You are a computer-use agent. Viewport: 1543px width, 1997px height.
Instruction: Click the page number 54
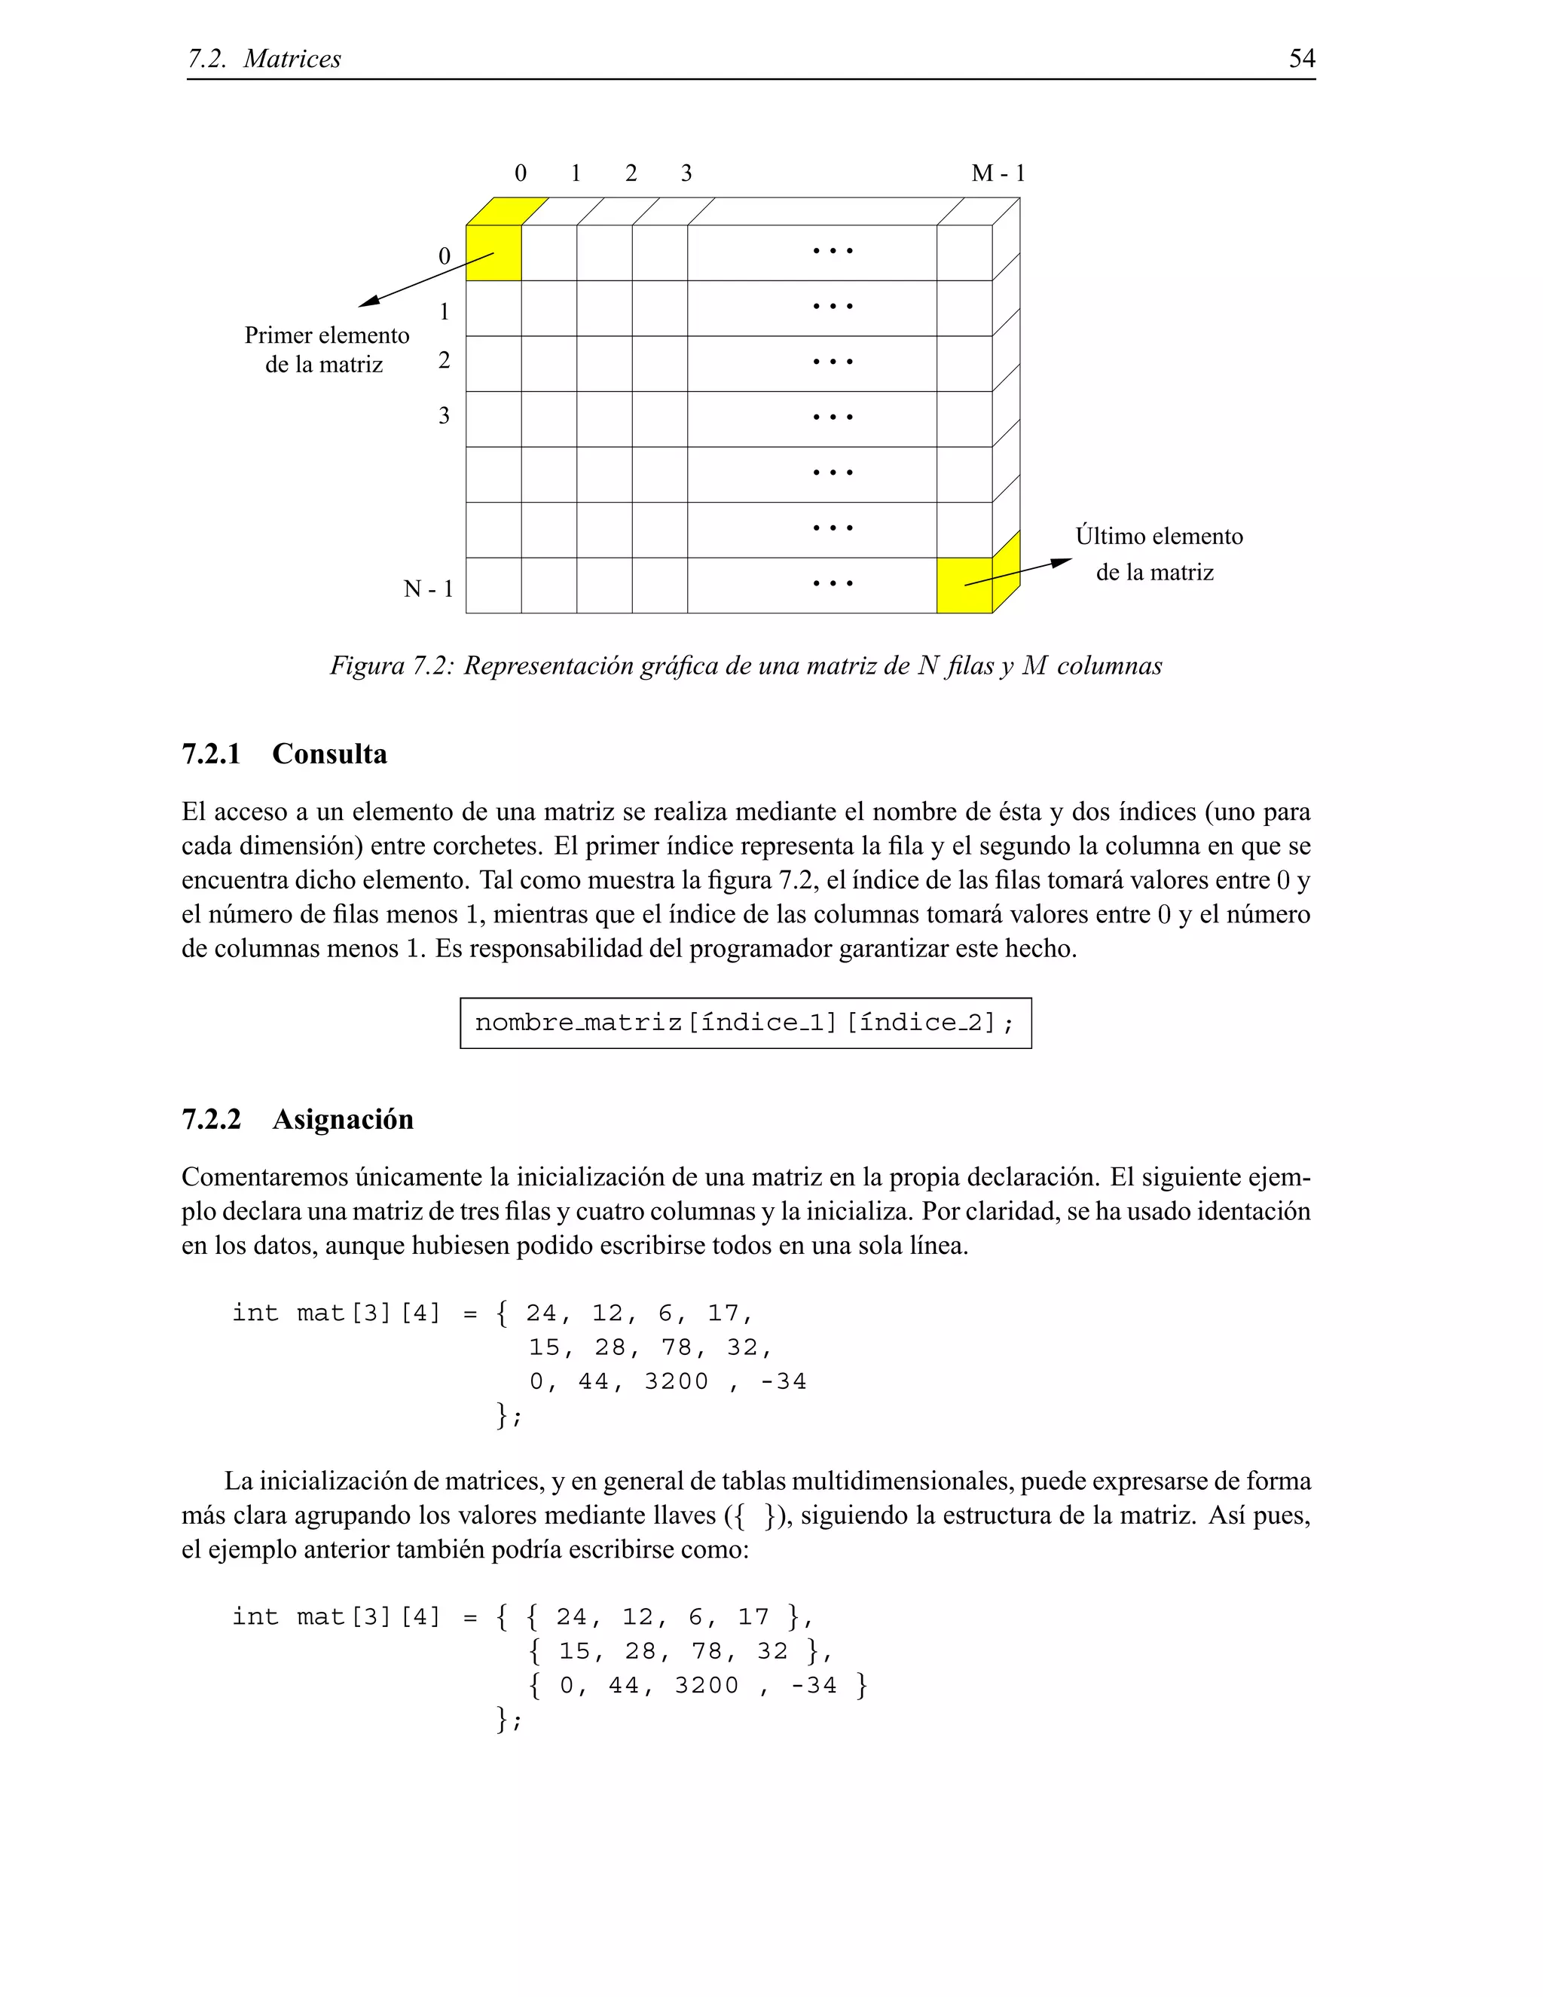[x=1302, y=59]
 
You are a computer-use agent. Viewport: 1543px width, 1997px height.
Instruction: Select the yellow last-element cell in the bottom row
[x=964, y=586]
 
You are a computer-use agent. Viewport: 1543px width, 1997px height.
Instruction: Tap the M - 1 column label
[x=998, y=173]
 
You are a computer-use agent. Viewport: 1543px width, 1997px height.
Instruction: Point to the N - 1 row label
[x=429, y=589]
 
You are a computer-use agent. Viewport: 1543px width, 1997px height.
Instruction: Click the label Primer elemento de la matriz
[x=326, y=350]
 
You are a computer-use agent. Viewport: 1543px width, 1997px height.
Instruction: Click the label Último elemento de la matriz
[x=1158, y=554]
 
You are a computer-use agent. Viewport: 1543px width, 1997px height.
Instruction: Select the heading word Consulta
[x=329, y=754]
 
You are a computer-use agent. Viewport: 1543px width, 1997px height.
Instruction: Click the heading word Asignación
[x=343, y=1119]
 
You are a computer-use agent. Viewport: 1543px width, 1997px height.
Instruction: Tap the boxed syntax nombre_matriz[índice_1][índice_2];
[x=745, y=1023]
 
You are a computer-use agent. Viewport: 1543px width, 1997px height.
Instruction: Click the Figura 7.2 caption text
[x=745, y=665]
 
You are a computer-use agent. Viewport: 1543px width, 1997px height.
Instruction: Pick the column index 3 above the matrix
[x=686, y=173]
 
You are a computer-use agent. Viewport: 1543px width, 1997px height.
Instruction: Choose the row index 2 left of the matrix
[x=445, y=360]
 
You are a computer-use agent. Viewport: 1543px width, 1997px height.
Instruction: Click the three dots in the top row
[x=833, y=250]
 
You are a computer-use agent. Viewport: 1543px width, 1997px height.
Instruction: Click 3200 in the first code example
[x=677, y=1381]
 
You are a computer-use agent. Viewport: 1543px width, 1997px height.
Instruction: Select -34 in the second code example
[x=814, y=1685]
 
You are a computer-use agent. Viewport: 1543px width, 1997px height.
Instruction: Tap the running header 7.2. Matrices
[x=264, y=59]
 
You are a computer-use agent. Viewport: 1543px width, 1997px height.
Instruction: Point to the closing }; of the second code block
[x=509, y=1720]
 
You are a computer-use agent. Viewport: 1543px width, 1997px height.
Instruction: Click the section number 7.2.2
[x=211, y=1119]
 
